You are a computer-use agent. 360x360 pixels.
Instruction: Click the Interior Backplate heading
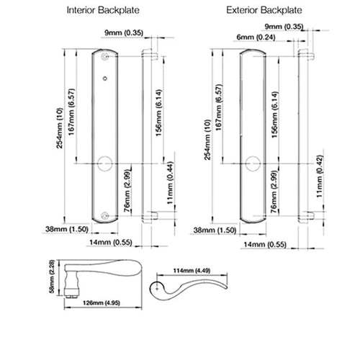(103, 10)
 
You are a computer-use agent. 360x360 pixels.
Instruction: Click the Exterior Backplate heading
(264, 10)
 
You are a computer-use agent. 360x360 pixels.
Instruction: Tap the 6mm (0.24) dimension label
(256, 37)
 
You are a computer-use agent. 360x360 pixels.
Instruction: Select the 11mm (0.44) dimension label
(170, 183)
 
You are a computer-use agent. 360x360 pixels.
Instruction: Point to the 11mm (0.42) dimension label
(320, 176)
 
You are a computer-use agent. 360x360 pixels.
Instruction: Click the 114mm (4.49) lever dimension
(192, 271)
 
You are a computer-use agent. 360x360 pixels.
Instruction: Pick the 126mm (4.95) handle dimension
(102, 303)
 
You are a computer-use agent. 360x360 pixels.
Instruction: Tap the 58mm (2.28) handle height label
(52, 276)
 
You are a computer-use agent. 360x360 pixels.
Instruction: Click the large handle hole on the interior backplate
(105, 163)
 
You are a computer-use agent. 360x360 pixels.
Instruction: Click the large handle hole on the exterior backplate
(253, 163)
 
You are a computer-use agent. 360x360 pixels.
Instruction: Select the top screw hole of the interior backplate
(104, 57)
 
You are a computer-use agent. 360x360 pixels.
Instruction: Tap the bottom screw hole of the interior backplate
(104, 216)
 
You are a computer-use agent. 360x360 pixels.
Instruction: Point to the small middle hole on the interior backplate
(104, 78)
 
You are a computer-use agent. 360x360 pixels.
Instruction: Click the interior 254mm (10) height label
(60, 128)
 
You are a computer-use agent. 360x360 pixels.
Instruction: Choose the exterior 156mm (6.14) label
(275, 114)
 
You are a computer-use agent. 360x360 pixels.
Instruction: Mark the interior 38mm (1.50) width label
(67, 229)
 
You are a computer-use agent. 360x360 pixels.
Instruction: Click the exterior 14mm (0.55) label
(265, 245)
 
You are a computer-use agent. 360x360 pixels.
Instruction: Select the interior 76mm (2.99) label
(127, 192)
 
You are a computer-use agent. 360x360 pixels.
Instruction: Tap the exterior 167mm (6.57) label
(219, 107)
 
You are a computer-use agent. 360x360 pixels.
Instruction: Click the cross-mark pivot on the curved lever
(157, 289)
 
